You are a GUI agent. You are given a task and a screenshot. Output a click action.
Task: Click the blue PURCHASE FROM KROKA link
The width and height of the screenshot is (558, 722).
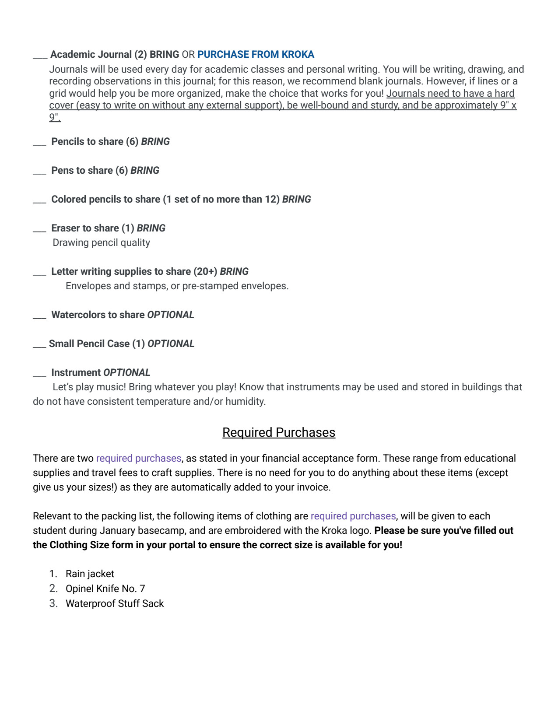click(x=256, y=55)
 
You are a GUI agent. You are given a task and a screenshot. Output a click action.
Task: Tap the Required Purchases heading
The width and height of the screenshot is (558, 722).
click(x=278, y=432)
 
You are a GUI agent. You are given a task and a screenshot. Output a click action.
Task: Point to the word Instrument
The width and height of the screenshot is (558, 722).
click(x=76, y=373)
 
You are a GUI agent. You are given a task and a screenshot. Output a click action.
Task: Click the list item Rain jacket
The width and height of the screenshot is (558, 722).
click(x=90, y=574)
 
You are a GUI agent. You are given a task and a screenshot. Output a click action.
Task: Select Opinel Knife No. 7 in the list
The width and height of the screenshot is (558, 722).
click(x=105, y=589)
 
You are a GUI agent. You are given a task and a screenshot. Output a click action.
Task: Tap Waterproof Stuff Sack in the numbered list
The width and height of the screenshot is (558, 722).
click(x=115, y=604)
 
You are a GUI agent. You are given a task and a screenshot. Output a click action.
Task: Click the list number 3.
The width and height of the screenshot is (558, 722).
click(x=53, y=604)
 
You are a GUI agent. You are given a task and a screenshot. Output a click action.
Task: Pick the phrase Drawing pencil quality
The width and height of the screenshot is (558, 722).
click(x=101, y=243)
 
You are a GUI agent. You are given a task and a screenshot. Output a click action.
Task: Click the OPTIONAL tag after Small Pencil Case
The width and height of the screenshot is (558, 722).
click(x=171, y=344)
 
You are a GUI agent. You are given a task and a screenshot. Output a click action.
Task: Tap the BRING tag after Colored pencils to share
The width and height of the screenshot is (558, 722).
click(x=296, y=200)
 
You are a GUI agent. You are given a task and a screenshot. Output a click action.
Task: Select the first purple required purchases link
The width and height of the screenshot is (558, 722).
click(x=138, y=459)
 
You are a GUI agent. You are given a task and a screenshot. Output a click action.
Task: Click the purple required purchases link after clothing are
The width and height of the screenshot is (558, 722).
click(x=353, y=516)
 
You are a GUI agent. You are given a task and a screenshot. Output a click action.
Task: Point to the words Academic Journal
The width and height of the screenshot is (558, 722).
click(x=91, y=55)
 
